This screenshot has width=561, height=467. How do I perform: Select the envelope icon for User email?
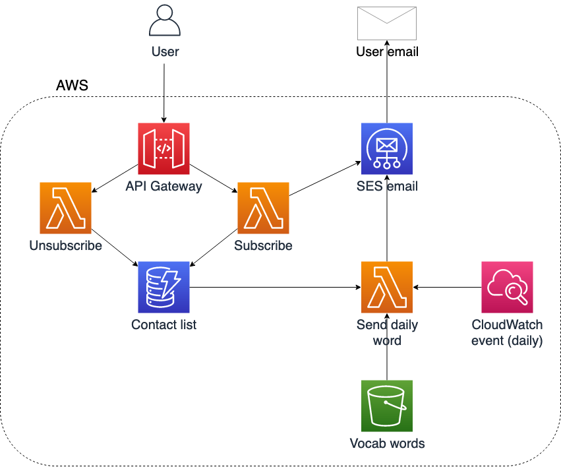tap(386, 24)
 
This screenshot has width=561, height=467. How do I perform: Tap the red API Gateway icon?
tap(163, 148)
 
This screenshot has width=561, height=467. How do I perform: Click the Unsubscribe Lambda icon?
tap(65, 208)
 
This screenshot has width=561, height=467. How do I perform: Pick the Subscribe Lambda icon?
tap(263, 208)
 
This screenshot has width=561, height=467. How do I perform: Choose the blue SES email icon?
tap(386, 148)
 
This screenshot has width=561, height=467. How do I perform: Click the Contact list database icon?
tap(163, 287)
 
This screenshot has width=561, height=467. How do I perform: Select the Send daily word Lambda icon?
tap(386, 287)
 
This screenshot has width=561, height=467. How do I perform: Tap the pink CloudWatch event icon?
tap(507, 287)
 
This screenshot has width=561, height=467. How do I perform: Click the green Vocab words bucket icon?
tap(386, 406)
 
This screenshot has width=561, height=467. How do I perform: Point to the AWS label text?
tap(72, 86)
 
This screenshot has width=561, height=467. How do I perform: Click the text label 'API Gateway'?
tap(163, 187)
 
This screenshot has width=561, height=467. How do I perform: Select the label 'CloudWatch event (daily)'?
tap(507, 332)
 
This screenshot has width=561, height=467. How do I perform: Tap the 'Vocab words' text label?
tap(386, 443)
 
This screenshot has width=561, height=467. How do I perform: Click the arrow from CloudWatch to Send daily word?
tap(447, 288)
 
